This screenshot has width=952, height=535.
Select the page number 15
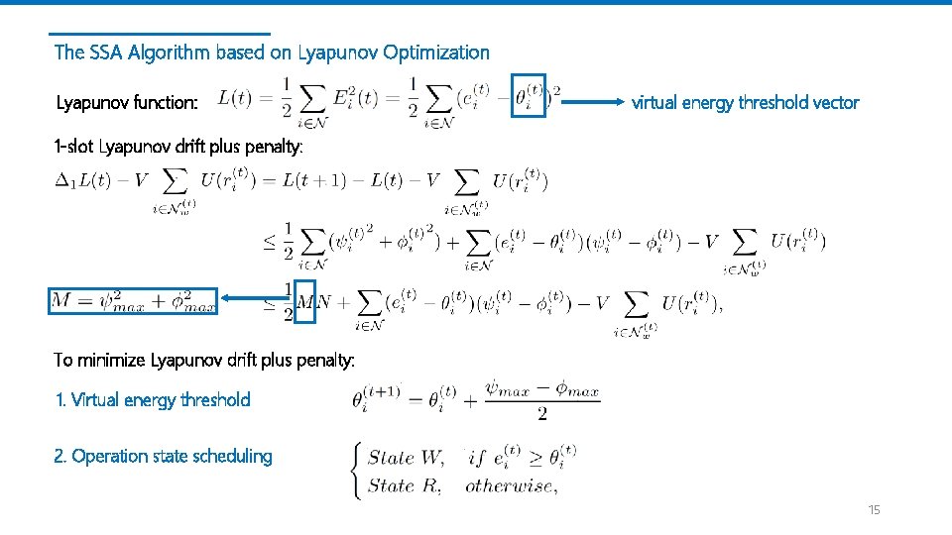pos(874,509)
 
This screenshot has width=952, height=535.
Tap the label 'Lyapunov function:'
pos(127,102)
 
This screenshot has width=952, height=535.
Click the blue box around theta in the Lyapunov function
pos(529,95)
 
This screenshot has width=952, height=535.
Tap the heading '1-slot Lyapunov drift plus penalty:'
pos(179,147)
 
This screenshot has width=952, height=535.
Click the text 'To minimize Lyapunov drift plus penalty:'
pos(204,360)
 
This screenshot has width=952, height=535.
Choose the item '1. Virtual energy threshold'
pos(153,399)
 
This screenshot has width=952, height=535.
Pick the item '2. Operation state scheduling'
pos(164,456)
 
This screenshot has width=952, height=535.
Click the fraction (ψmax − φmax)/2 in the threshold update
pos(542,399)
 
